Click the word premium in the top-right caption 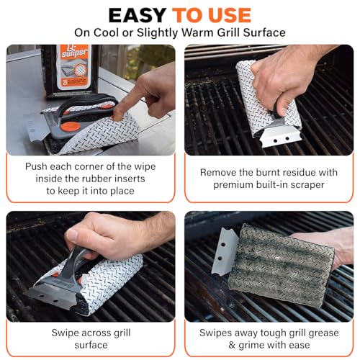pos(240,184)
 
